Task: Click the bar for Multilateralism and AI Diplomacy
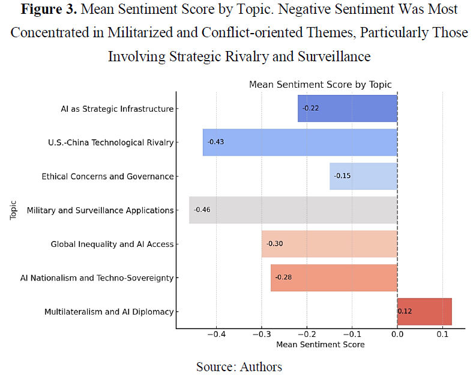424,312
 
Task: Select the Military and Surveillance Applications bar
293,210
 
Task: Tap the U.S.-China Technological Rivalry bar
300,142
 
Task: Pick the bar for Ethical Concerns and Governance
363,176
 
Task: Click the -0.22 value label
310,108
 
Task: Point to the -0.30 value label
274,244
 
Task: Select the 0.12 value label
405,312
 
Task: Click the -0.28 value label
283,277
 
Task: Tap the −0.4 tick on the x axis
216,335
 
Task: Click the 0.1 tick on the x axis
442,335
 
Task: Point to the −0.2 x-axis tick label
307,335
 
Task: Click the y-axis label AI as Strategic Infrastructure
117,109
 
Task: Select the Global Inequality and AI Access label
112,244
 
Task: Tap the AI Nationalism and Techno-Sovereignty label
106,277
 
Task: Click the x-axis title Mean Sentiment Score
320,345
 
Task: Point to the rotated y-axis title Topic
14,210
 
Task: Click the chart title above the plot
320,85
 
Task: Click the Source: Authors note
239,366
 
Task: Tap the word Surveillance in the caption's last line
330,56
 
